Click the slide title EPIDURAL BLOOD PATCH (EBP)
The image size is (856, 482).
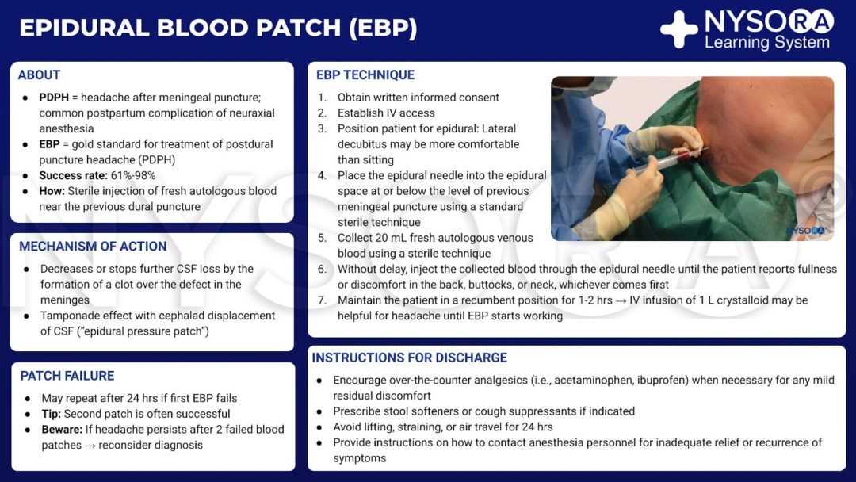pyautogui.click(x=218, y=28)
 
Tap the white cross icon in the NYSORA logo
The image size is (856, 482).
pyautogui.click(x=679, y=29)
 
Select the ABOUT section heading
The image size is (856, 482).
pyautogui.click(x=40, y=75)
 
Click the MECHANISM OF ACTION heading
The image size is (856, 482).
pyautogui.click(x=93, y=247)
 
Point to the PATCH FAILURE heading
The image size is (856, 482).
pyautogui.click(x=67, y=376)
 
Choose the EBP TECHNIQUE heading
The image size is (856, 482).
pyautogui.click(x=365, y=75)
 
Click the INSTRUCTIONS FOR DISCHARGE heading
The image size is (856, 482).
pyautogui.click(x=409, y=358)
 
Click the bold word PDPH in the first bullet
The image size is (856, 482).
pyautogui.click(x=55, y=98)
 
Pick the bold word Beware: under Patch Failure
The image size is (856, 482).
pyautogui.click(x=63, y=430)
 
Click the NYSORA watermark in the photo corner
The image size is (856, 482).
pyautogui.click(x=806, y=231)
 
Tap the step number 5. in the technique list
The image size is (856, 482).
pyautogui.click(x=322, y=238)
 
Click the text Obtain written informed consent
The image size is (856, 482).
pyautogui.click(x=418, y=98)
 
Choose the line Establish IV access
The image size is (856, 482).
pyautogui.click(x=386, y=113)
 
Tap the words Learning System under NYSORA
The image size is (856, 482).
pyautogui.click(x=767, y=43)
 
